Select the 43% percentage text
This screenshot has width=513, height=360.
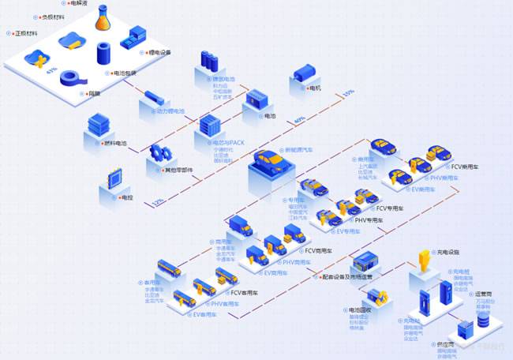coord(52,71)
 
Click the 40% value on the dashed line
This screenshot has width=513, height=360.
coord(299,120)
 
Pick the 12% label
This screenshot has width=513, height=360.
coord(159,201)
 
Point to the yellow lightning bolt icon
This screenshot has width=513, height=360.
coord(425,260)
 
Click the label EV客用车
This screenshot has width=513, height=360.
coord(204,314)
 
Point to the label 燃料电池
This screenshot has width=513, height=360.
coord(116,143)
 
